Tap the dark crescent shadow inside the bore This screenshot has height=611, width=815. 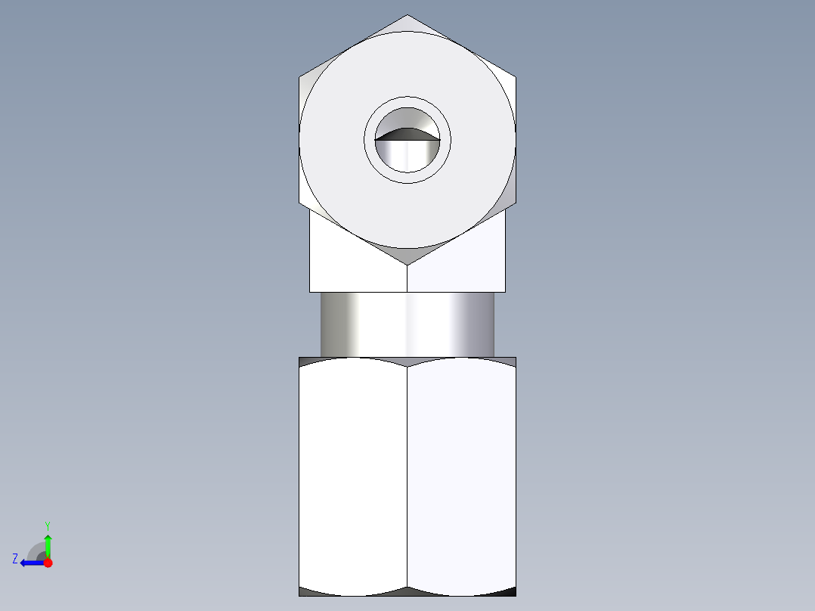[407, 135]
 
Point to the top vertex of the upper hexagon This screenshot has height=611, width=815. [407, 16]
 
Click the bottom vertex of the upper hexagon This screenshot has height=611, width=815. [407, 264]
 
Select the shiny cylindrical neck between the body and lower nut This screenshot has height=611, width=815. [407, 324]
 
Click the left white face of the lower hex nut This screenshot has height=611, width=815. [353, 476]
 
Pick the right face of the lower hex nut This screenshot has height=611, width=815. [461, 476]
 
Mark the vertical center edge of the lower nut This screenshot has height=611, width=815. [407, 476]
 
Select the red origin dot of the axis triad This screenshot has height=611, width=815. [48, 563]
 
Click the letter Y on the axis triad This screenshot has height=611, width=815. [47, 525]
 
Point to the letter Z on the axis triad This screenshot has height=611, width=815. [15, 559]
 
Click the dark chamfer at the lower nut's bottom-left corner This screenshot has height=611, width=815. [306, 591]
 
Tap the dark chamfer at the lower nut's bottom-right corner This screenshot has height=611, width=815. [508, 591]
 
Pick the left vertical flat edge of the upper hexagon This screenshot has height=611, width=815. [299, 140]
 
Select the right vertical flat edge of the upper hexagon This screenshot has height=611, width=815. [516, 140]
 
